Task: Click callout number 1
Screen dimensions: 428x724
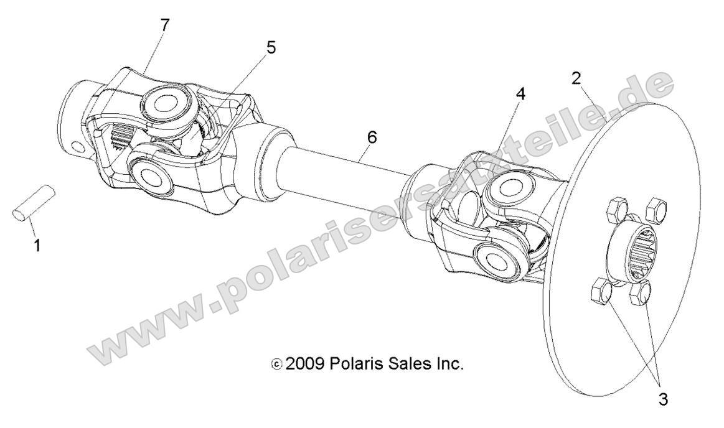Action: click(x=37, y=246)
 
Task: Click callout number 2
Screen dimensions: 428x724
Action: click(x=576, y=78)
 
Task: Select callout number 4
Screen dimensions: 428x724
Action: click(x=520, y=94)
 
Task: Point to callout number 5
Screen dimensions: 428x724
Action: click(x=271, y=47)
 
